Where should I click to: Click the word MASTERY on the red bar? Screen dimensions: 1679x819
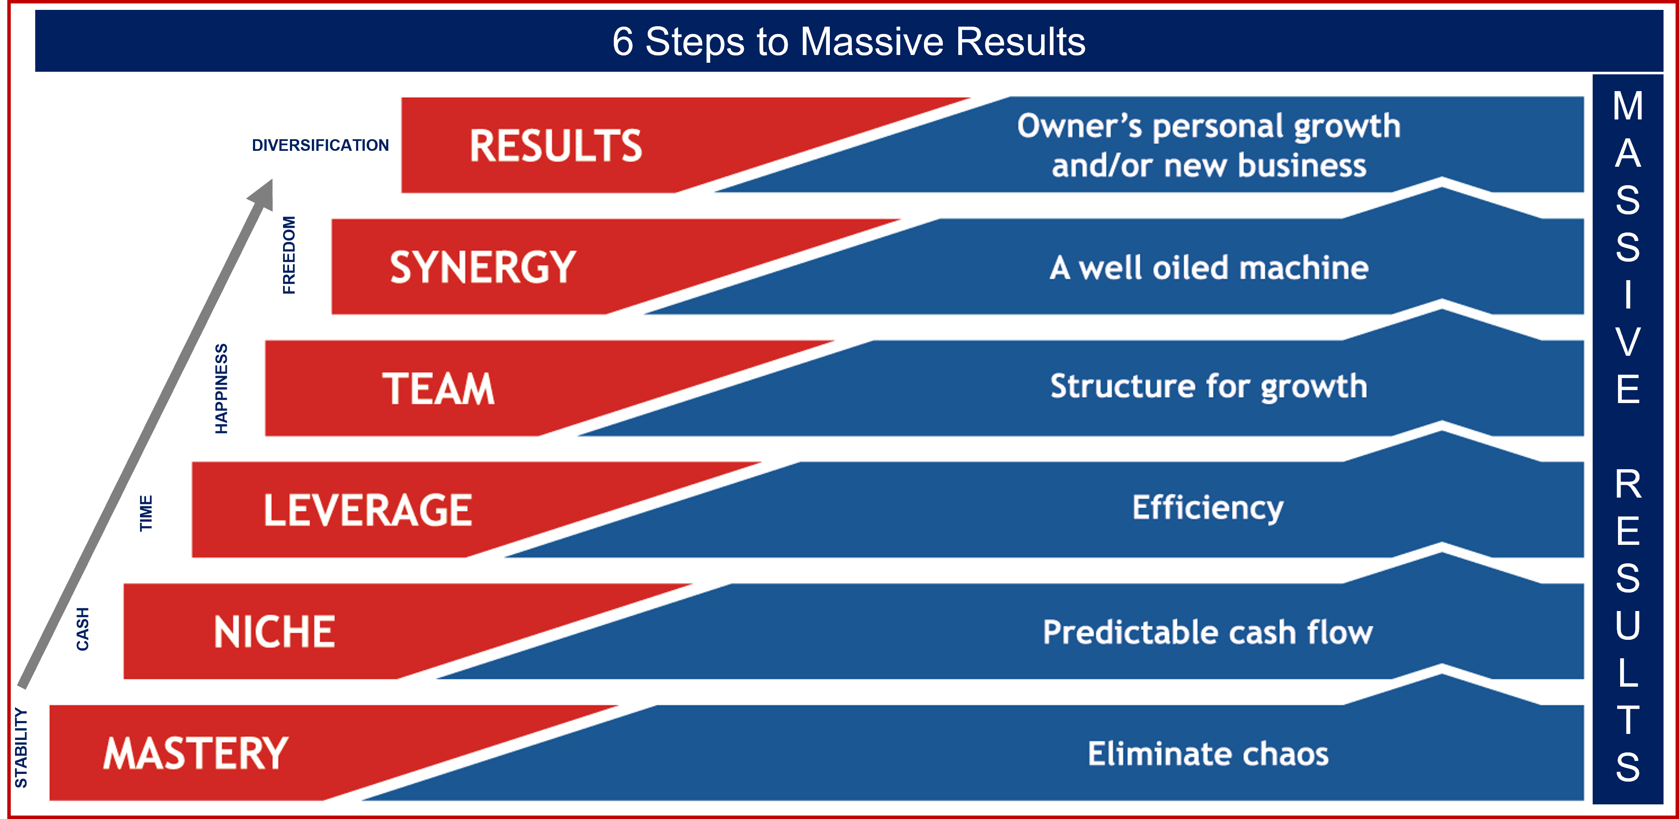point(195,753)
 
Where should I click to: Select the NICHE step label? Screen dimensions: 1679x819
point(274,632)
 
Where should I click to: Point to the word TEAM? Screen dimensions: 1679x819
point(438,388)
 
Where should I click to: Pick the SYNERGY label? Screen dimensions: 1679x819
point(483,267)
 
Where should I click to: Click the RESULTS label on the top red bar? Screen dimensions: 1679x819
point(556,145)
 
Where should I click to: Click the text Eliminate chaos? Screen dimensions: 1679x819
point(1208,753)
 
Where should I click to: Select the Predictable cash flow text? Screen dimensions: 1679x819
point(1208,632)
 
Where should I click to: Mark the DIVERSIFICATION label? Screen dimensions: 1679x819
point(320,145)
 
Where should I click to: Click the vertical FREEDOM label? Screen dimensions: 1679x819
point(289,255)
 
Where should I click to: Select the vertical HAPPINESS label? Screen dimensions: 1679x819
point(222,388)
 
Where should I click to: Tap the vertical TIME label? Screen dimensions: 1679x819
point(146,513)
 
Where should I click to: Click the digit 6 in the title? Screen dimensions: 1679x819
point(622,41)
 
